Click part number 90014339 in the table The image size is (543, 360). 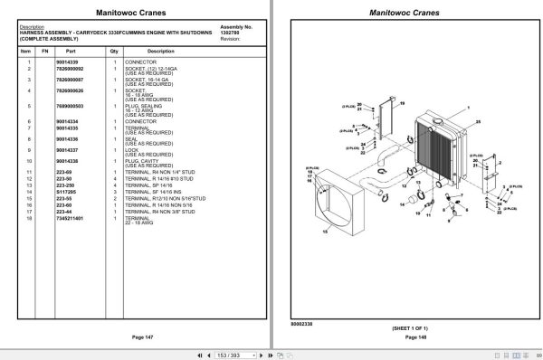click(68, 62)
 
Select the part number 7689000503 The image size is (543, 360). click(71, 107)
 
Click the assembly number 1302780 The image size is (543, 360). click(232, 33)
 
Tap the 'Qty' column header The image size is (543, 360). click(115, 52)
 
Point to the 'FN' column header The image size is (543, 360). click(44, 52)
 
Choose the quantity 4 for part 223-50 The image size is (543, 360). click(115, 178)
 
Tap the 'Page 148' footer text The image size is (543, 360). click(408, 336)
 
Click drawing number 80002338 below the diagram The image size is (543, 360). click(303, 321)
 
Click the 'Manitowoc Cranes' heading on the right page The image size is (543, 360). click(408, 13)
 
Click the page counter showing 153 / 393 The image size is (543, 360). click(229, 352)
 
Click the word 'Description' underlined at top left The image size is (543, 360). click(31, 27)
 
